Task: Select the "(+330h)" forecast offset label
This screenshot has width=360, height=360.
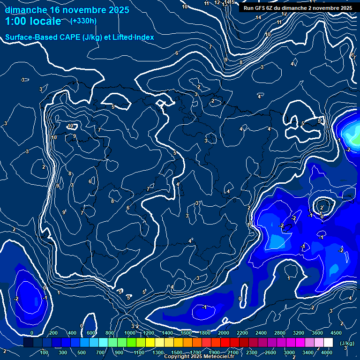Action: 84,21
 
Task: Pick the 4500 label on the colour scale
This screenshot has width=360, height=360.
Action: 336,333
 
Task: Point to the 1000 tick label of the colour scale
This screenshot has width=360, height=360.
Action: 129,333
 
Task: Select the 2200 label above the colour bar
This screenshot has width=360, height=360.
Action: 242,333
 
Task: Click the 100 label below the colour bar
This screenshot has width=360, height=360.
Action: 44,352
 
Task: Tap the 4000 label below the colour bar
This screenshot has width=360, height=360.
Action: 327,352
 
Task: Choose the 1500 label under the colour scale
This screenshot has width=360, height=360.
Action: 177,352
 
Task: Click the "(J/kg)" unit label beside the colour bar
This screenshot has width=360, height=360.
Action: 347,344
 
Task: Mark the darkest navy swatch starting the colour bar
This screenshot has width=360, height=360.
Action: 28,343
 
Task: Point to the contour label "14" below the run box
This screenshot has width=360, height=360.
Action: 258,18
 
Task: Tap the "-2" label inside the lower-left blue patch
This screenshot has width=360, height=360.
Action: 16,299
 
